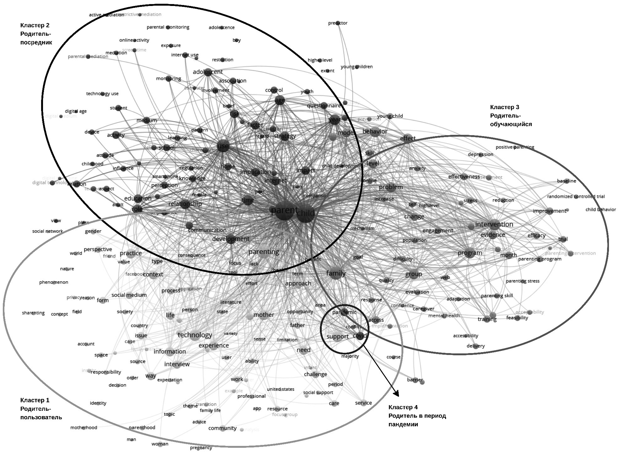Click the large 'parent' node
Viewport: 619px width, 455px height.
(x=284, y=211)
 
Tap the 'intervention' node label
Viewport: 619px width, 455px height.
(x=494, y=224)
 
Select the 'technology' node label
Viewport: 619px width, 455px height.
(x=195, y=335)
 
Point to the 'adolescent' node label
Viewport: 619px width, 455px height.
(x=208, y=72)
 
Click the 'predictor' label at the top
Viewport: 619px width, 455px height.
(x=338, y=23)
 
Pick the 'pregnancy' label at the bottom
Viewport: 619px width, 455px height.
(x=201, y=447)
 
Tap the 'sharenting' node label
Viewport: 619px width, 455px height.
(x=33, y=313)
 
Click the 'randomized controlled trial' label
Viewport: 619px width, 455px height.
(x=576, y=197)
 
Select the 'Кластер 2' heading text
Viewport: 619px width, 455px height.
(x=35, y=25)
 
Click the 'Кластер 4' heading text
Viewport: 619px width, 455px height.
(x=403, y=407)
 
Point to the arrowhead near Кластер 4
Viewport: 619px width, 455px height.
(x=397, y=394)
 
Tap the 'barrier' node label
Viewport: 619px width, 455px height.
(x=415, y=380)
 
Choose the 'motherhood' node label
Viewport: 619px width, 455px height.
(x=84, y=427)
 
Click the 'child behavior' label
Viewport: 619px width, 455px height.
(x=600, y=209)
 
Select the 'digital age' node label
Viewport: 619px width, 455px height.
(x=76, y=111)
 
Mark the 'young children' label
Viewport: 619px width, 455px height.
(x=357, y=67)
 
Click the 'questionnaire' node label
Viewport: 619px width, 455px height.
(x=324, y=106)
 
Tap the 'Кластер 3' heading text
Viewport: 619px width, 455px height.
(x=504, y=107)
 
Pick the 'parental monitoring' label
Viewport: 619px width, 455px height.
(x=168, y=27)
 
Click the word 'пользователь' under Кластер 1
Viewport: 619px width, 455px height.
(x=41, y=417)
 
